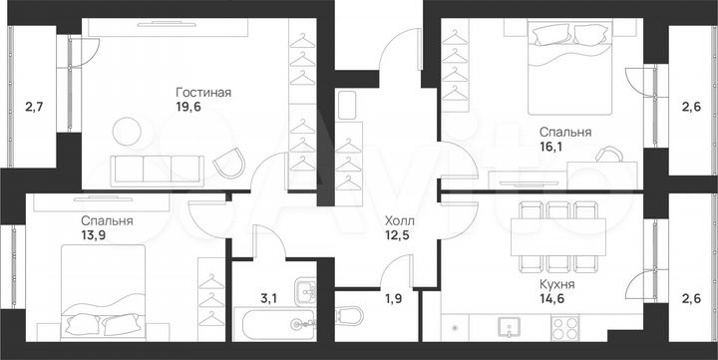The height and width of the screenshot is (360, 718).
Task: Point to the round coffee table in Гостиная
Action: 126,130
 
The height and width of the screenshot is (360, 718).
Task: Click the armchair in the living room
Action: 231,161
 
